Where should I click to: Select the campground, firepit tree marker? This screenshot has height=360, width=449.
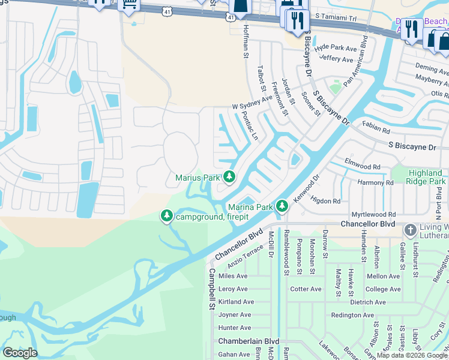(166, 215)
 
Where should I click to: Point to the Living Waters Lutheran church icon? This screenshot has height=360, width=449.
(411, 230)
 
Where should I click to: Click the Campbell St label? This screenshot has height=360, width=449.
(211, 289)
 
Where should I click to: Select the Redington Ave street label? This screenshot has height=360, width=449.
(352, 315)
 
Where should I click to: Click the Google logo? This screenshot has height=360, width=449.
(19, 352)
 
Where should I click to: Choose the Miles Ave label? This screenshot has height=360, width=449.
(233, 276)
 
